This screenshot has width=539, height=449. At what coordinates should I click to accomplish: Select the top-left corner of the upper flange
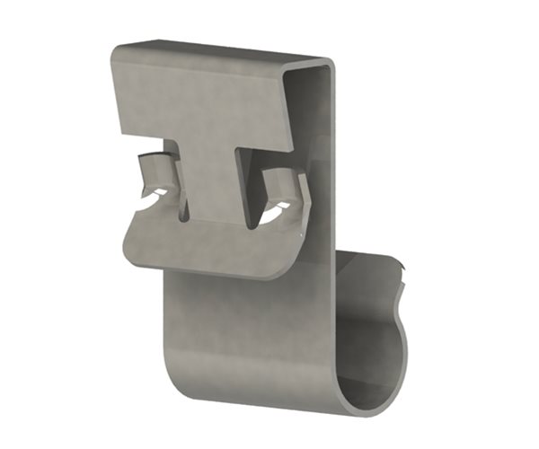[117, 42]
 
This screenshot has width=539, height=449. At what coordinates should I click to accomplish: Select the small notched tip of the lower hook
[403, 269]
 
